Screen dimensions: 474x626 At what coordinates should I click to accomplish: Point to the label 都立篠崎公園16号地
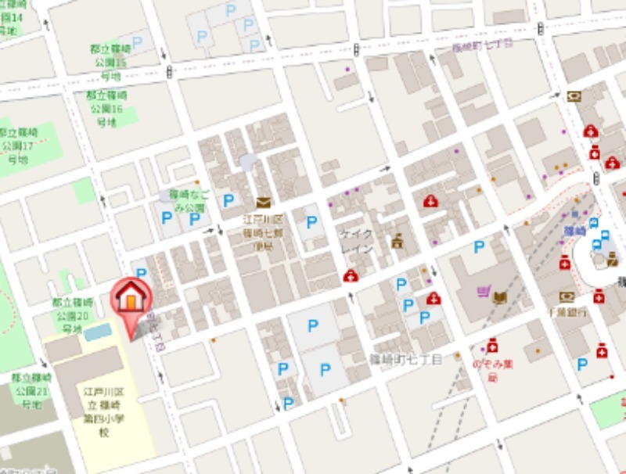(x=106, y=108)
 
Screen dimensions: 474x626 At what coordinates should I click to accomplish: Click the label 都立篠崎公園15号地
(x=109, y=61)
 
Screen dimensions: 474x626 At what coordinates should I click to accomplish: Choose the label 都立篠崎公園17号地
(x=17, y=145)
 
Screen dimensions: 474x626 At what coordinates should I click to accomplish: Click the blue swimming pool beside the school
(x=98, y=332)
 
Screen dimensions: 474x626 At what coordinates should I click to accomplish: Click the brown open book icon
(x=500, y=296)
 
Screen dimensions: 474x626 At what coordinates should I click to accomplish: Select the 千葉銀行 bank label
(x=567, y=311)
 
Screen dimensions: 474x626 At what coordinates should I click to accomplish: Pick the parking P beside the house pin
(x=141, y=273)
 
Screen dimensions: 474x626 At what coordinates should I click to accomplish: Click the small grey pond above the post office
(x=248, y=163)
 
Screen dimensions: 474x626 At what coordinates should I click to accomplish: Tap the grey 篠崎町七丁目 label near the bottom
(x=406, y=359)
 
